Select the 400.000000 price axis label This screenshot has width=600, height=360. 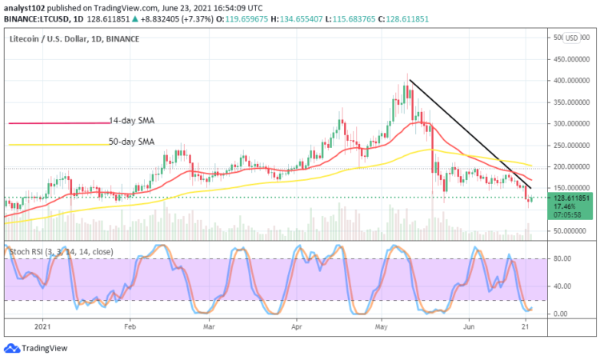570,81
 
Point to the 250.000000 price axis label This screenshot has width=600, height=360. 570,146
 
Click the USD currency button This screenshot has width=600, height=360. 572,38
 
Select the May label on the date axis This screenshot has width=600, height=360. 382,326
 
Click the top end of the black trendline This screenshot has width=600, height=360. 410,80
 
